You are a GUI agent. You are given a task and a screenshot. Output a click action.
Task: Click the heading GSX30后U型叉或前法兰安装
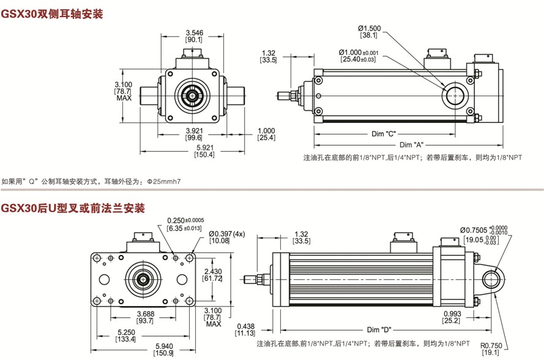(x=73, y=209)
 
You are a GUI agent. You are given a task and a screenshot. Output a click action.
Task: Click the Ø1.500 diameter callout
(x=369, y=28)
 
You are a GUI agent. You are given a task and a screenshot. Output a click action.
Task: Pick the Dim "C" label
(x=384, y=134)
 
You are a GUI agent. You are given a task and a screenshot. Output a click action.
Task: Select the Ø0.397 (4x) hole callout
(x=226, y=233)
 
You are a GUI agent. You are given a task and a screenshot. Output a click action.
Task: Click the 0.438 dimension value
(x=245, y=326)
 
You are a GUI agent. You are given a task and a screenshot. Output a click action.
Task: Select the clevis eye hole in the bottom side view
(x=491, y=280)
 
